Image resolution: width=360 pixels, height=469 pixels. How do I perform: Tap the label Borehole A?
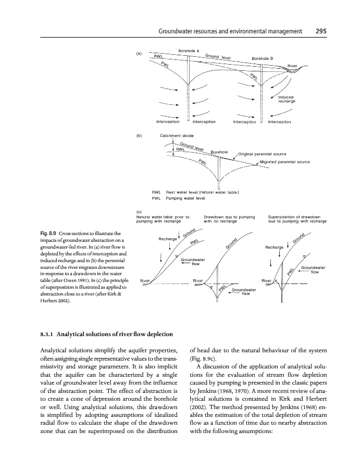coord(190,51)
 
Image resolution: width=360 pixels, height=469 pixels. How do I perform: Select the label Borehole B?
coord(263,58)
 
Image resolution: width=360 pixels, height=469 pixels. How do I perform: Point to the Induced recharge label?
coord(287,98)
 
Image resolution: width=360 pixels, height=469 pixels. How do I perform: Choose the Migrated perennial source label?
coord(284,162)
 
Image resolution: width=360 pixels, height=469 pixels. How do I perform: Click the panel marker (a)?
coord(139,53)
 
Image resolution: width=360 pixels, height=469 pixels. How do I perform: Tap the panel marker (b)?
coord(139,135)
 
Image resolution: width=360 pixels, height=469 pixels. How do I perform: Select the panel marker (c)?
coord(139,212)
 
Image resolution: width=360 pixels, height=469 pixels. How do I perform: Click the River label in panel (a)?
coord(292,66)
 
